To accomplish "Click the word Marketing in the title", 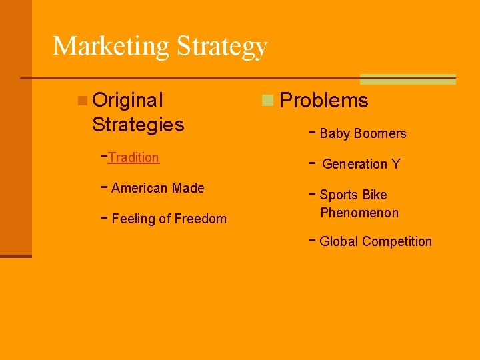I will coord(111,46).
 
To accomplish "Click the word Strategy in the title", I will coord(222,47).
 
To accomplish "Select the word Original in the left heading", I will coord(127,100).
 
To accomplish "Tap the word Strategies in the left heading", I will coord(138,125).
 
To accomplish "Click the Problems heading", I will coord(324,101).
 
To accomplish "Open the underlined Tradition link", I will coord(133,157).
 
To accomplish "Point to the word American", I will coord(139,188).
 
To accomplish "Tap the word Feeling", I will coord(133,219).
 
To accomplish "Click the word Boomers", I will coord(380,133).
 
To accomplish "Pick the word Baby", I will coord(335,133).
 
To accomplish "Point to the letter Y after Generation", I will coord(396,164).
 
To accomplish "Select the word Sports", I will coord(339,195).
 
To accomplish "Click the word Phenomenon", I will coord(359,213).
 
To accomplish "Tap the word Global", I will coord(338,241).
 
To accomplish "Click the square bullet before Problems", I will coord(267,101).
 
